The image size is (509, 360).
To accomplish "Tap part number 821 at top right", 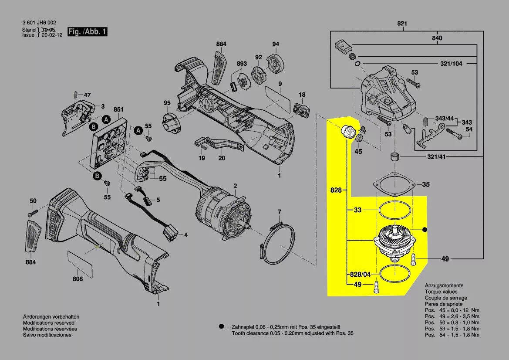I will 402,24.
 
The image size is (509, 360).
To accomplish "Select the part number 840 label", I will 437,38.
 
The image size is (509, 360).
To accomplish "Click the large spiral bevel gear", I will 394,238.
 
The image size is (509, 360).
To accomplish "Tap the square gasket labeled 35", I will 393,185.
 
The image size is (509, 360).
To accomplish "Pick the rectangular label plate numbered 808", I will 81,263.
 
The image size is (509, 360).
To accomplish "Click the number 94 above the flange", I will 276,44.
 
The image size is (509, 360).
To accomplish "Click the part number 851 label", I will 118,109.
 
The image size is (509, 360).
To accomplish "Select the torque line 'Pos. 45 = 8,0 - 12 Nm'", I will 452,310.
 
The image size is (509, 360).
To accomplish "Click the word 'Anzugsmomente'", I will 444,285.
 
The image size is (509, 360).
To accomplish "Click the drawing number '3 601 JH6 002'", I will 39,23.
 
